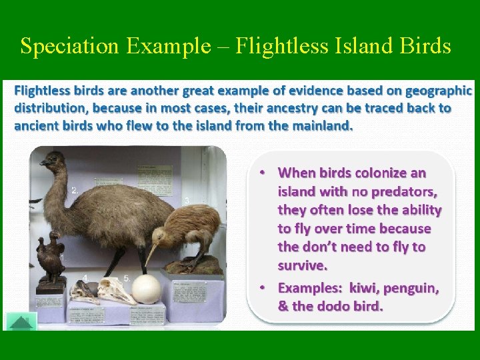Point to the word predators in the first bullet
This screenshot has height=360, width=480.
click(x=403, y=192)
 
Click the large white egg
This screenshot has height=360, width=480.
click(x=146, y=289)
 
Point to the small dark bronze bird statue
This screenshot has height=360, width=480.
click(x=51, y=257)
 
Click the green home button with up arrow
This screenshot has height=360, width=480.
click(x=21, y=322)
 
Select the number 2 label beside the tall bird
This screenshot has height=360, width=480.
click(x=75, y=190)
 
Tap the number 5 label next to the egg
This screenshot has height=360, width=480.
click(x=127, y=277)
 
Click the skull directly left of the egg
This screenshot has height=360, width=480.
click(x=116, y=291)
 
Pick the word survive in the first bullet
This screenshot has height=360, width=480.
click(x=302, y=265)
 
